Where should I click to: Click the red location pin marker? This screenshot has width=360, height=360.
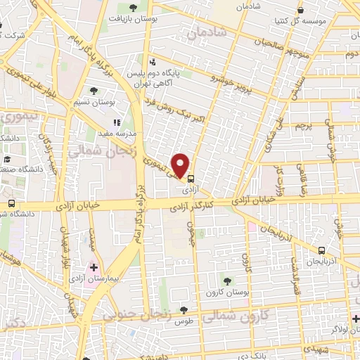pyautogui.click(x=182, y=165)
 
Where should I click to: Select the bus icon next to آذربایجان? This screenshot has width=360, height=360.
pyautogui.click(x=321, y=250)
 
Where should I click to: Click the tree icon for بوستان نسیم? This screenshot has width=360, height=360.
pyautogui.click(x=94, y=91)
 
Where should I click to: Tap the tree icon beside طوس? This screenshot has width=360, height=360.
pyautogui.click(x=184, y=310)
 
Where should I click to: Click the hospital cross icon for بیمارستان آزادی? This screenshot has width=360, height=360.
pyautogui.click(x=94, y=269)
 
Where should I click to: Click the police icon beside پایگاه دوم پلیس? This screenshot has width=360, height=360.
pyautogui.click(x=153, y=61)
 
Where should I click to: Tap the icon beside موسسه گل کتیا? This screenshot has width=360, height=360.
pyautogui.click(x=301, y=11)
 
